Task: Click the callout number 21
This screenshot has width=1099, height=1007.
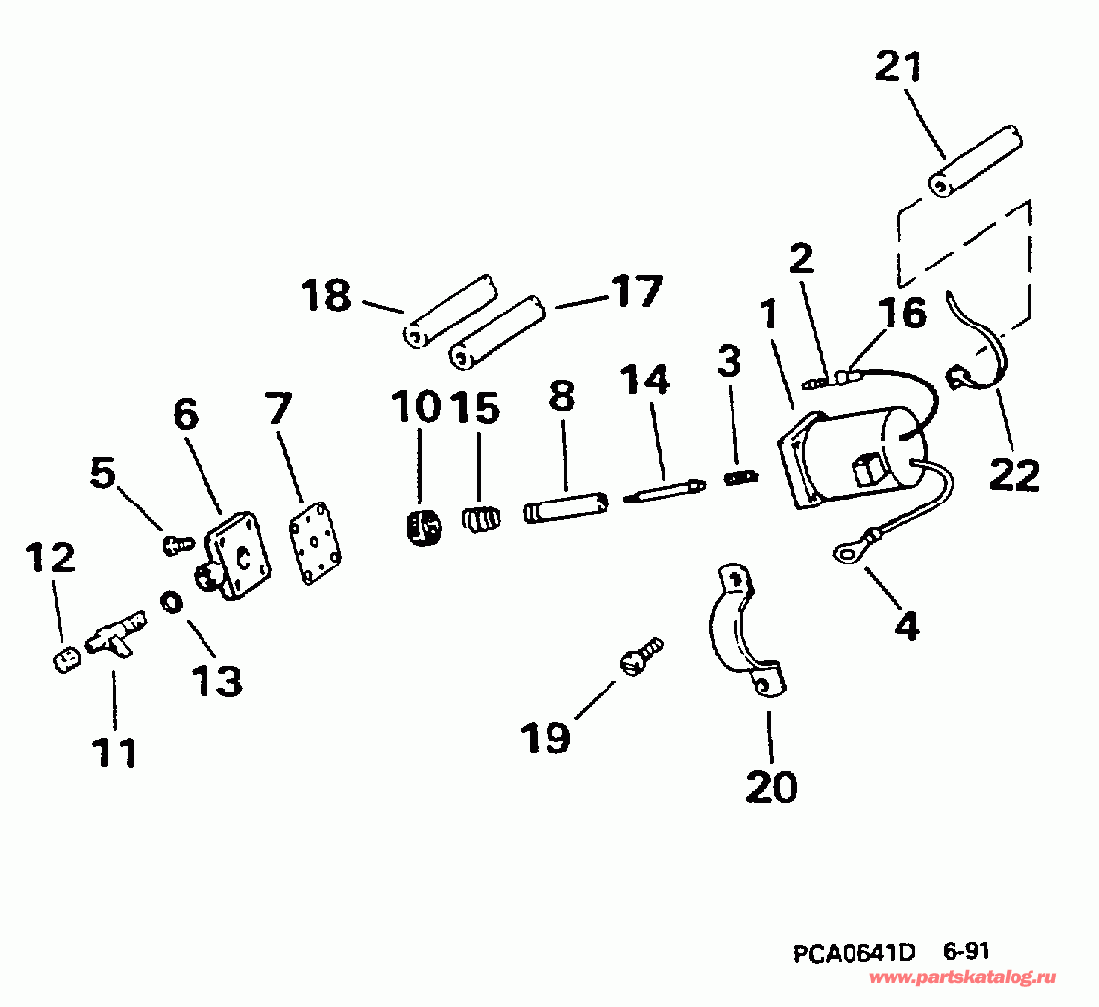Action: point(899,70)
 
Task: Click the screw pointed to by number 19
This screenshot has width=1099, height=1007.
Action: point(641,656)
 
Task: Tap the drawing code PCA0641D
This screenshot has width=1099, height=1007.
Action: point(854,953)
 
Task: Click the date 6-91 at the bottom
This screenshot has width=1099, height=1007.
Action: point(965,952)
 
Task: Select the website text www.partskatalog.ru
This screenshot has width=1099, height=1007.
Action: point(962,977)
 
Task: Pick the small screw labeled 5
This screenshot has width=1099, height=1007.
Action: point(177,541)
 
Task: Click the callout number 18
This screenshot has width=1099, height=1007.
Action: point(326,295)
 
